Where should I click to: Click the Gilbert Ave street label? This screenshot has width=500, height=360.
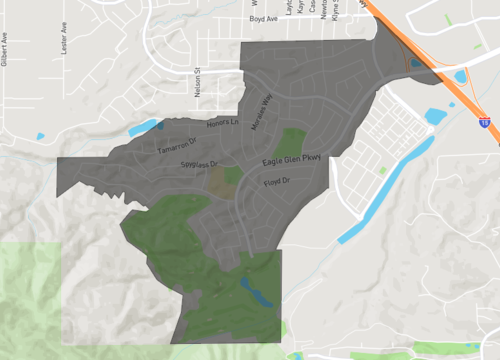click(5, 49)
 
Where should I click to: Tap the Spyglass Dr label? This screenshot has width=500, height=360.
click(198, 163)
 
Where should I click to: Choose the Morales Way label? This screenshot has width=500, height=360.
click(261, 111)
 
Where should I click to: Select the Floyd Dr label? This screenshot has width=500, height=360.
click(275, 182)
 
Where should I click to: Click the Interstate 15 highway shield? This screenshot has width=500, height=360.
click(483, 121)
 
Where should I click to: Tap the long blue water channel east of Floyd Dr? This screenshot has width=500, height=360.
click(386, 190)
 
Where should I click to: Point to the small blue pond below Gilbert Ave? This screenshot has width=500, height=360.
click(40, 135)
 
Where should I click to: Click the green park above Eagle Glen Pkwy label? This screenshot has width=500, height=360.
click(292, 140)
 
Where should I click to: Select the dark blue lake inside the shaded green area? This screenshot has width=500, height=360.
click(256, 294)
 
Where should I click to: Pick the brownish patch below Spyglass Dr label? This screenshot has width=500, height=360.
click(218, 181)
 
